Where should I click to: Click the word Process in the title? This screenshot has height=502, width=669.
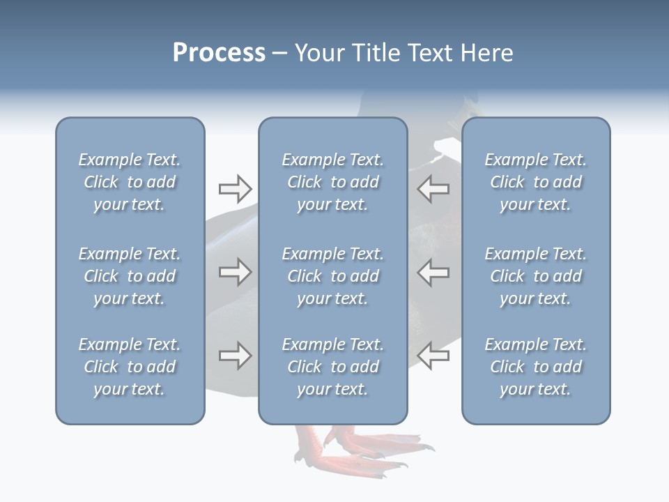219,53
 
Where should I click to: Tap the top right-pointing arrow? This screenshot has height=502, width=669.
236,188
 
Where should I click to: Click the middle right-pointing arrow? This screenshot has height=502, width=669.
236,272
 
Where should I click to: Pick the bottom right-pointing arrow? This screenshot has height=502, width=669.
236,356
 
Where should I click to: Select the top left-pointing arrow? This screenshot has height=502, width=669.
433,188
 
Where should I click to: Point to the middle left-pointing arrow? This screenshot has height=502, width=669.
433,272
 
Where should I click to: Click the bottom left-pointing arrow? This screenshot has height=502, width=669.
433,356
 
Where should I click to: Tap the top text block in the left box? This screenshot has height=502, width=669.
130,182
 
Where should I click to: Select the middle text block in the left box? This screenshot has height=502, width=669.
130,276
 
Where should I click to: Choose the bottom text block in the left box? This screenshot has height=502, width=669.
130,367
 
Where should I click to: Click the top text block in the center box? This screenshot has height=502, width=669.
332,182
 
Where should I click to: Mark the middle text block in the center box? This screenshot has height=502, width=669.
332,276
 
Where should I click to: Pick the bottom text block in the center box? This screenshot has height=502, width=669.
332,367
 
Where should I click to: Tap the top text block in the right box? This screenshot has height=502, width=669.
535,182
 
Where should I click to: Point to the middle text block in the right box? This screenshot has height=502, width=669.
535,276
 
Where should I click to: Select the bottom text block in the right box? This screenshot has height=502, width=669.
535,367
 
